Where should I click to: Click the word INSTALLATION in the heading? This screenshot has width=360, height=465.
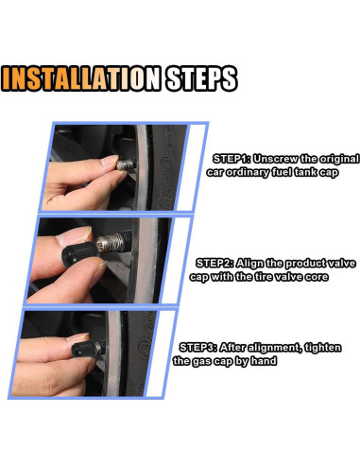[81, 78]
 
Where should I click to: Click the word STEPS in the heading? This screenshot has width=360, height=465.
[201, 78]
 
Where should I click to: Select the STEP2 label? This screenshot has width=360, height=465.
[214, 263]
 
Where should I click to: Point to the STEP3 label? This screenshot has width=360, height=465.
[198, 348]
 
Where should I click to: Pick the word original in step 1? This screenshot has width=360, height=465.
[339, 160]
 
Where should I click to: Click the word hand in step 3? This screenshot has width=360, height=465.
[264, 361]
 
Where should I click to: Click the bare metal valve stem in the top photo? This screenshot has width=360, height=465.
[126, 164]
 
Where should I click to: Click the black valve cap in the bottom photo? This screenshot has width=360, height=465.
[86, 349]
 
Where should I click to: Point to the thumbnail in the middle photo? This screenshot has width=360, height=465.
[75, 236]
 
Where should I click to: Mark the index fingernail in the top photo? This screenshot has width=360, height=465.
[110, 160]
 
